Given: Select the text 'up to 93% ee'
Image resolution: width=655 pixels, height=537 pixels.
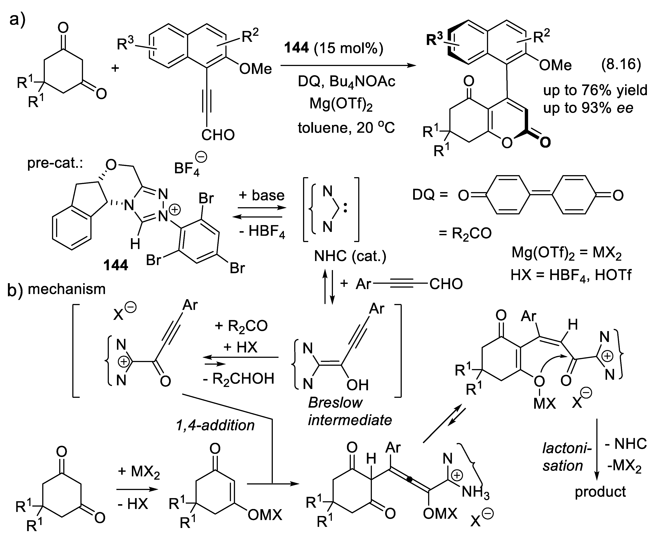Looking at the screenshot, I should click(x=588, y=108).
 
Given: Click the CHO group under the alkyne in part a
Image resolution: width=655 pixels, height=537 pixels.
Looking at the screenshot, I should click(x=218, y=135).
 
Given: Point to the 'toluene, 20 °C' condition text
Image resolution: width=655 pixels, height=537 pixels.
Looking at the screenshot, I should click(x=346, y=128).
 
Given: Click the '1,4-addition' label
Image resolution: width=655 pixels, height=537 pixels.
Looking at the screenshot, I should click(x=215, y=425).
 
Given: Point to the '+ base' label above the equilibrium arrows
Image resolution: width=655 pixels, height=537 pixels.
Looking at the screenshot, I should click(x=262, y=195).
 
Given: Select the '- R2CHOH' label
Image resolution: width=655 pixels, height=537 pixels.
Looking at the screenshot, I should click(x=238, y=378).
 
